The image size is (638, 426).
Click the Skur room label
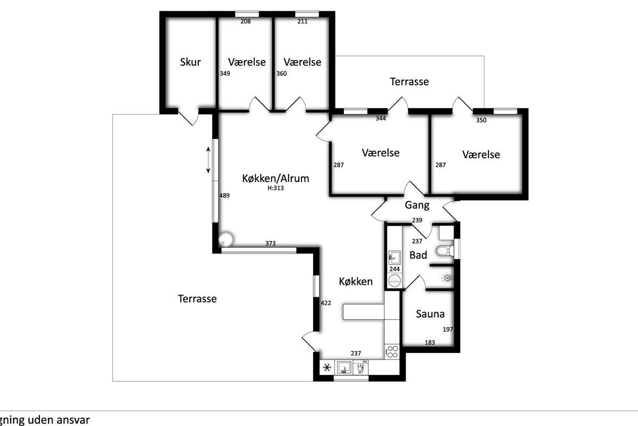pyautogui.click(x=190, y=62)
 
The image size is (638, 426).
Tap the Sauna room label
pyautogui.click(x=430, y=314)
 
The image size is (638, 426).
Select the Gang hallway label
pyautogui.click(x=417, y=205)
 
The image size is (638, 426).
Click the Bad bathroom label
pyautogui.click(x=418, y=255)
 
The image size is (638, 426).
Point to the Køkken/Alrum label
pyautogui.click(x=275, y=178)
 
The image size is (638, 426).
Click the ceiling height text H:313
pyautogui.click(x=275, y=188)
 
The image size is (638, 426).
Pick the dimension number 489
pyautogui.click(x=224, y=195)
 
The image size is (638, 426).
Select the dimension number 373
pyautogui.click(x=271, y=243)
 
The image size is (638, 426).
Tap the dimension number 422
pyautogui.click(x=326, y=303)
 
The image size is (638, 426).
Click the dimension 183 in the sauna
pyautogui.click(x=430, y=342)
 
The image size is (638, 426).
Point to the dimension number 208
pyautogui.click(x=246, y=21)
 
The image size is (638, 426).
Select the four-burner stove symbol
pyautogui.click(x=392, y=351)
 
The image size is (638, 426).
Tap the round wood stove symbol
pyautogui.click(x=226, y=239)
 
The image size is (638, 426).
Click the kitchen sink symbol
pyautogui.click(x=344, y=367)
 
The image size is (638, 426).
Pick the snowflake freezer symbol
pyautogui.click(x=327, y=367)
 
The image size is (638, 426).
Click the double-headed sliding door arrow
pyautogui.click(x=208, y=160)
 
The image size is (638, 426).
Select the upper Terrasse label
pyautogui.click(x=409, y=82)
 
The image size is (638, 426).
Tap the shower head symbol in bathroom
pyautogui.click(x=447, y=277)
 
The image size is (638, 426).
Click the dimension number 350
pyautogui.click(x=481, y=120)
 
